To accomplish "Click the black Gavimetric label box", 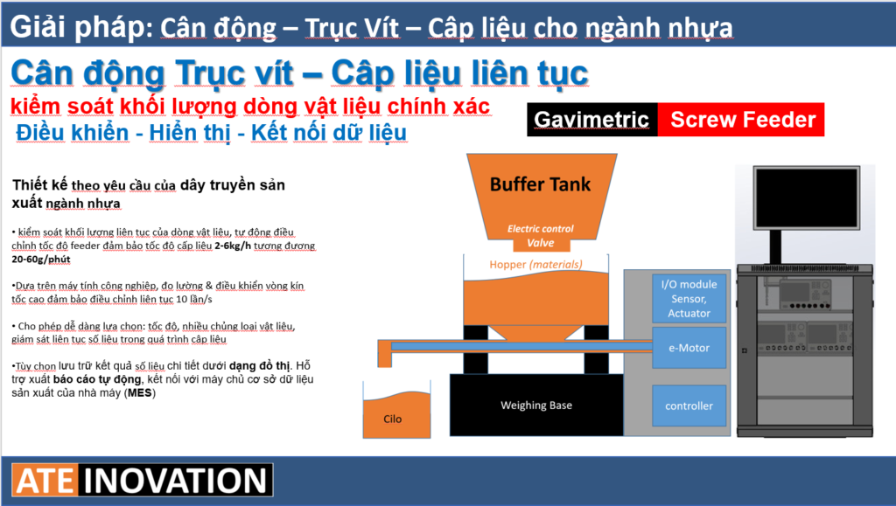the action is coord(592,119).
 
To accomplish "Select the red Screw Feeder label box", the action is coord(741,119).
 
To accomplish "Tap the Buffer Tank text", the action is coord(540,184).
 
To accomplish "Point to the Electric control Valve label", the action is coord(541,236).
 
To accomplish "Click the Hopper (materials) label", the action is coord(536,264).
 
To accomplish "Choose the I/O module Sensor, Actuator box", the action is coord(689,299).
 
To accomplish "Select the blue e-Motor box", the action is coord(689,348).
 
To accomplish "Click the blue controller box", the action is coord(689,405).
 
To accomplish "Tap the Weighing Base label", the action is coord(536,405).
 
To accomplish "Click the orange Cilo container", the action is coord(396,415).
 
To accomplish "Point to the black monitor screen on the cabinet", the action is coord(806,198).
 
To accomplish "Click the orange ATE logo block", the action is coord(45,481).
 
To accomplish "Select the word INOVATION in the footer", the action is coord(175,481).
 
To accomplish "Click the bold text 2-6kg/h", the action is coord(233,246).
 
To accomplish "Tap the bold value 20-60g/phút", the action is coord(41,259).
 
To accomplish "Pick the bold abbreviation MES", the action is coord(139,392).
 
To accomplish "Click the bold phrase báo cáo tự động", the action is coord(97,378).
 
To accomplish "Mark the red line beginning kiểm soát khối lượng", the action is coord(250,106).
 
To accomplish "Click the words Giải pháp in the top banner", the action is coord(81,27).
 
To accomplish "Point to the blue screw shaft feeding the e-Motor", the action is coord(521,346).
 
